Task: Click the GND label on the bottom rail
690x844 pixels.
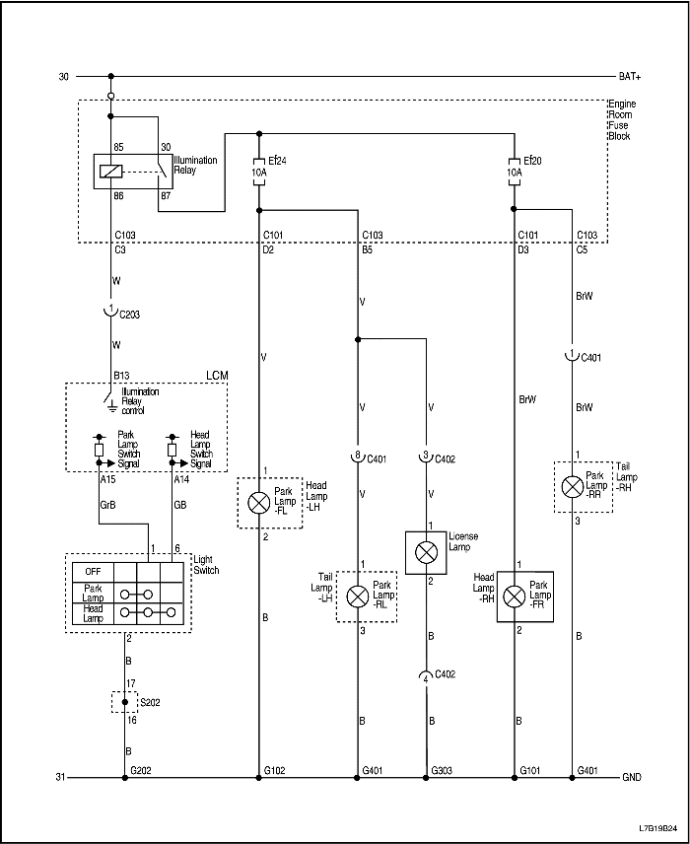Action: [x=630, y=777]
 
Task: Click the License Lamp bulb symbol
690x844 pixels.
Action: [x=426, y=552]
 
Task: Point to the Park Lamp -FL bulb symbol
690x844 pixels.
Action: [x=258, y=502]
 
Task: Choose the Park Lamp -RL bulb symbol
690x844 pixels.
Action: [x=358, y=596]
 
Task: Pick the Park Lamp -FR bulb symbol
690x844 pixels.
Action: [x=514, y=596]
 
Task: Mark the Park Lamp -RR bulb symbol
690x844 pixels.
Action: [x=572, y=486]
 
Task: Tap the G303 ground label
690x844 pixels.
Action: [x=441, y=768]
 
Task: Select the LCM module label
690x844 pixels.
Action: [x=217, y=376]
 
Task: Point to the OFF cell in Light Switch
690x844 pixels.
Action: [x=94, y=570]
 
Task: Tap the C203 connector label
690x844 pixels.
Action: [x=130, y=315]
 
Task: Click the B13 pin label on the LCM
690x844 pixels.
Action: [x=122, y=376]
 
